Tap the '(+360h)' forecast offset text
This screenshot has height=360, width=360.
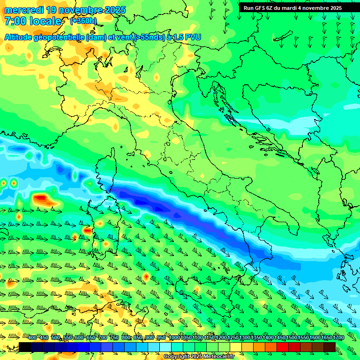[x=83, y=21]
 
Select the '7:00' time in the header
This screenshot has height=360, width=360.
[x=14, y=21]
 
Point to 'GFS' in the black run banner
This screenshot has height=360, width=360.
[x=261, y=8]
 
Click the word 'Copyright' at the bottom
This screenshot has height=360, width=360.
[x=177, y=357]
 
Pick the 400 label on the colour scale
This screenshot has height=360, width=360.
[x=32, y=338]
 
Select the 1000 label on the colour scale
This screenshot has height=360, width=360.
[x=174, y=338]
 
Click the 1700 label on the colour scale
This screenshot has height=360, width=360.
[x=338, y=338]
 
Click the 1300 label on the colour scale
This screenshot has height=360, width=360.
[x=245, y=338]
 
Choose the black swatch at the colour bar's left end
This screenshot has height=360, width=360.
[x=25, y=347]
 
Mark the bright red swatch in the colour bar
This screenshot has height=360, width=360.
[x=282, y=347]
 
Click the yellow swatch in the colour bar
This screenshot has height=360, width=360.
[x=236, y=347]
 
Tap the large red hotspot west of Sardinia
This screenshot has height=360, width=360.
[x=41, y=199]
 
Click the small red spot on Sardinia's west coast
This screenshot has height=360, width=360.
[x=87, y=231]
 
